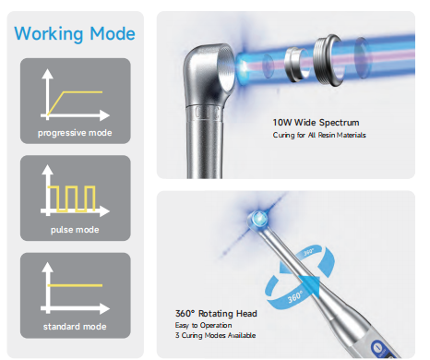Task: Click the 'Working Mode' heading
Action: [75, 34]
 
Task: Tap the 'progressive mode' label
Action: [74, 133]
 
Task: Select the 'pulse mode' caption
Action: [74, 230]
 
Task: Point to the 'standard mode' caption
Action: [74, 327]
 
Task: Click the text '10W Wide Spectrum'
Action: [315, 122]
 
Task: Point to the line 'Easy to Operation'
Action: [201, 326]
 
